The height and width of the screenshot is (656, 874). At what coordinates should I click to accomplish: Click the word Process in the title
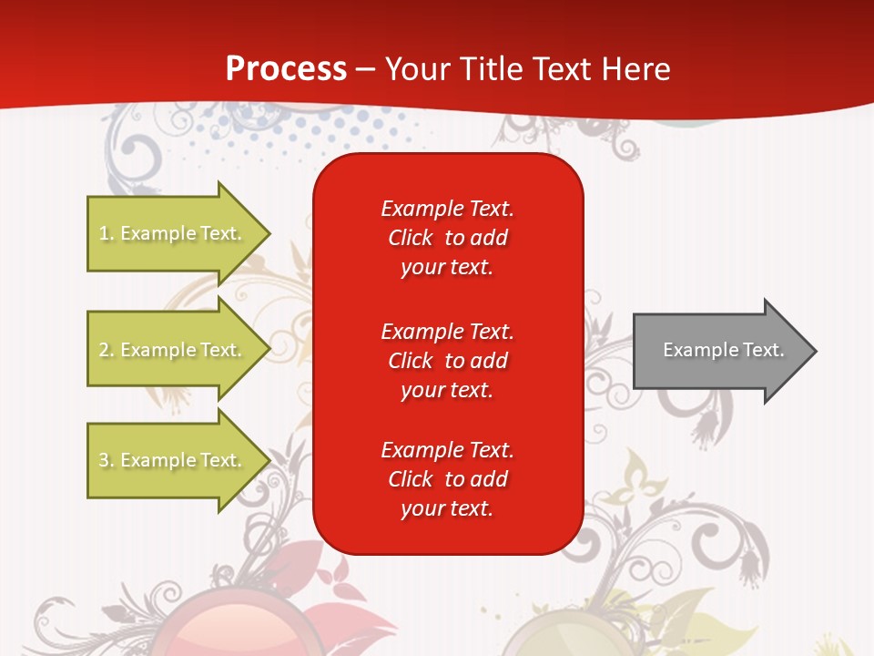[x=286, y=69]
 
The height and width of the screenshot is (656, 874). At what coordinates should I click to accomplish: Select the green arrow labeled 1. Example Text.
[x=173, y=233]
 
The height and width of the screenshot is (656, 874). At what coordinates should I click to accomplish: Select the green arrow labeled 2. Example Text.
[x=173, y=350]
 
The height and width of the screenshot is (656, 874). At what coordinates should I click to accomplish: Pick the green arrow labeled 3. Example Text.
[x=173, y=460]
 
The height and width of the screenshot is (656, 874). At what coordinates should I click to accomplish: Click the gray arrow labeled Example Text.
[x=719, y=350]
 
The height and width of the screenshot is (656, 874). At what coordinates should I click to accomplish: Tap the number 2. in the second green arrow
[x=106, y=350]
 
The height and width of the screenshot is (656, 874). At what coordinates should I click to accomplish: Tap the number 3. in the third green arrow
[x=106, y=460]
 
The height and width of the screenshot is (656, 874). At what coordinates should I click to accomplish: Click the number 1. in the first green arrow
[x=106, y=233]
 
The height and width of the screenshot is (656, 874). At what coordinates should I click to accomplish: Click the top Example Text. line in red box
[x=447, y=209]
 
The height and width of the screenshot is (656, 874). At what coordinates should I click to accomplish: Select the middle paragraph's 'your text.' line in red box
[x=447, y=390]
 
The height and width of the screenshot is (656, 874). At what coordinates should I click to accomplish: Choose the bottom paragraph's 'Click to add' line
[x=447, y=479]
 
